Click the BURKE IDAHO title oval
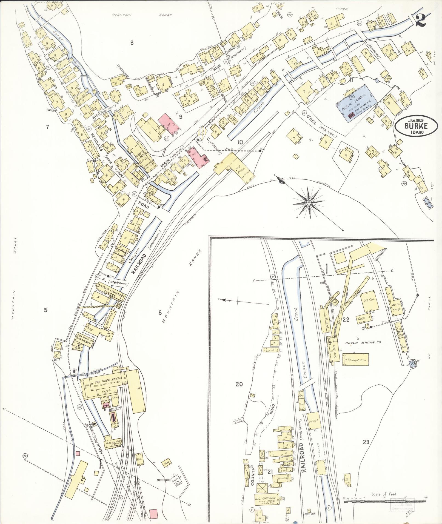pos(414,127)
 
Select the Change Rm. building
pos(355,360)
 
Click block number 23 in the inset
pos(366,442)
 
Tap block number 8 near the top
pos(132,42)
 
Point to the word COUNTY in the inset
pos(252,476)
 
